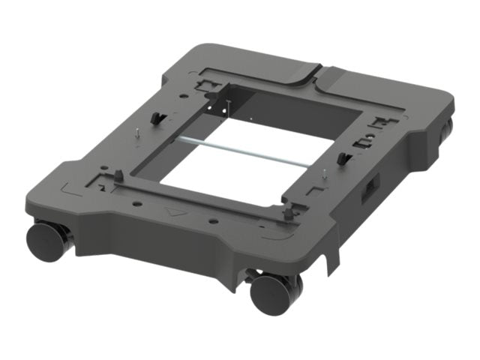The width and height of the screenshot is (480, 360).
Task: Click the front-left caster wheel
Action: click(46, 239)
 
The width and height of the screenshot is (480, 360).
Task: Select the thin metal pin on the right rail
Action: click(322, 177)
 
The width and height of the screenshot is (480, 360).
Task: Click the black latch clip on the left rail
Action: click(156, 118)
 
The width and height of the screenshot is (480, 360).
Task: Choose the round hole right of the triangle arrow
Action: click(213, 222)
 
